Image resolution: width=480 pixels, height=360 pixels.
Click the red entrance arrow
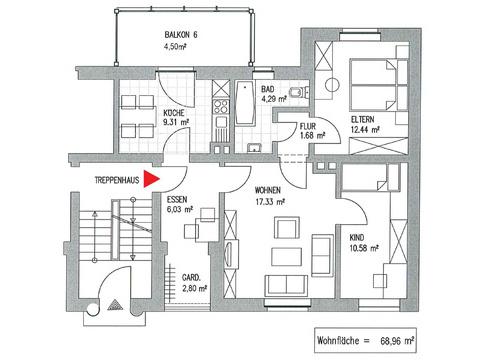tap(151, 179)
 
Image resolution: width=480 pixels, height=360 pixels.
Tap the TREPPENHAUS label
tap(117, 180)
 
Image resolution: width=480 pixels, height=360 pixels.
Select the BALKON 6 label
tap(181, 35)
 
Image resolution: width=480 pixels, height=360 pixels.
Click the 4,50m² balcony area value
tap(175, 46)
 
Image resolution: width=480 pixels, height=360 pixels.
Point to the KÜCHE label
tap(174, 113)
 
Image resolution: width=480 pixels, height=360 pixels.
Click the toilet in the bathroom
tap(299, 92)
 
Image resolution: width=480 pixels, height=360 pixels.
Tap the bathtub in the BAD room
tap(246, 103)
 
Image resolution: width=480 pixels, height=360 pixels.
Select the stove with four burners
tap(221, 106)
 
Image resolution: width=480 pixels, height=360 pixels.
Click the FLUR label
tap(307, 126)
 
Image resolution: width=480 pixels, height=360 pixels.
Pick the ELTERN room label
tap(363, 119)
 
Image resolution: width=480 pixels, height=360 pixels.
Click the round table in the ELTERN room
tap(332, 85)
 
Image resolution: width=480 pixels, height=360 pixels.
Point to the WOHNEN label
tap(268, 190)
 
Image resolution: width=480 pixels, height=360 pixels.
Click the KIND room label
tap(357, 238)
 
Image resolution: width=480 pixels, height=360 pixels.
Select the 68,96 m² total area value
tap(397, 341)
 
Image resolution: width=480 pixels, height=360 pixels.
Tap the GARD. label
tap(191, 277)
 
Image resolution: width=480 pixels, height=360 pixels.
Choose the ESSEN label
tap(177, 199)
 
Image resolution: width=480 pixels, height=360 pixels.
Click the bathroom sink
tap(254, 148)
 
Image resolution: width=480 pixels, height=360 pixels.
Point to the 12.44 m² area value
tap(365, 130)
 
